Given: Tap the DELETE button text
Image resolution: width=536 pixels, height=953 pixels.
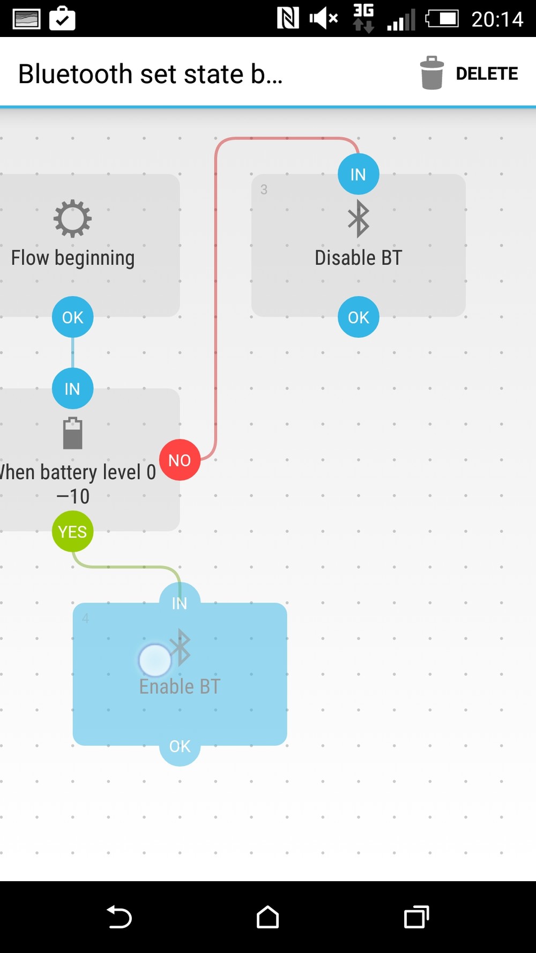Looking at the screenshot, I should pos(487,73).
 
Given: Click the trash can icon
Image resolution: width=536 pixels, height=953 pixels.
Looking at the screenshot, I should pos(432,73).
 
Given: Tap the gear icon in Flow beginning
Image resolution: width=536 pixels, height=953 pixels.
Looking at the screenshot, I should pos(73,219).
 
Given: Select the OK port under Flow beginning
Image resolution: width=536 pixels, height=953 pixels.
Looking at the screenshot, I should pos(73,317).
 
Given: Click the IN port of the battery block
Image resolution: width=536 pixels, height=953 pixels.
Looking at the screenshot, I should pos(73,389).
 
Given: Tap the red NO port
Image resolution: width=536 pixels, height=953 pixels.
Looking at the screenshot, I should pos(180,460).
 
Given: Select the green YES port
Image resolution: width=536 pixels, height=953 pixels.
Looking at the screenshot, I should pos(73,532).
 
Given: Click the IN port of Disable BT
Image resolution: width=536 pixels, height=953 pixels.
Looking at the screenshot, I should pos(358,174).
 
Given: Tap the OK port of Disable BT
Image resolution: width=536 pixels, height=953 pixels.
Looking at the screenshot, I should pos(358,317).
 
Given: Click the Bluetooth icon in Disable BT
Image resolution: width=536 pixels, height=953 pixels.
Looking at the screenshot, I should pos(359,219).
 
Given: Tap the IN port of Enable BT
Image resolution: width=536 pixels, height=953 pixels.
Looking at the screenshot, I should pos(180,603).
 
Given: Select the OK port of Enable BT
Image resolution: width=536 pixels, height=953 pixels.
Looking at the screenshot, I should pos(180,746).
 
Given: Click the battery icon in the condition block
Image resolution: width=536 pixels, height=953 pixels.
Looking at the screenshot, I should pos(73,433).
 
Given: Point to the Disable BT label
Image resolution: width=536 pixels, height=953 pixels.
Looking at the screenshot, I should pos(358,258).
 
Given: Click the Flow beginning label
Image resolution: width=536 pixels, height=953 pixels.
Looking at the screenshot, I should pos(73,258).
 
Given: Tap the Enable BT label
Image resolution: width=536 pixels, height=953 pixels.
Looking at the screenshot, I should pos(180,687).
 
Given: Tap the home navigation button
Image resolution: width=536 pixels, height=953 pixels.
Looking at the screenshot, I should pos(267,917).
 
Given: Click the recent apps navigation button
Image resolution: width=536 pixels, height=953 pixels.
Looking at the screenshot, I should pos(416,917).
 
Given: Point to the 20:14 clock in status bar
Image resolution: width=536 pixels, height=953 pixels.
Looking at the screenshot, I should pos(497,19).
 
